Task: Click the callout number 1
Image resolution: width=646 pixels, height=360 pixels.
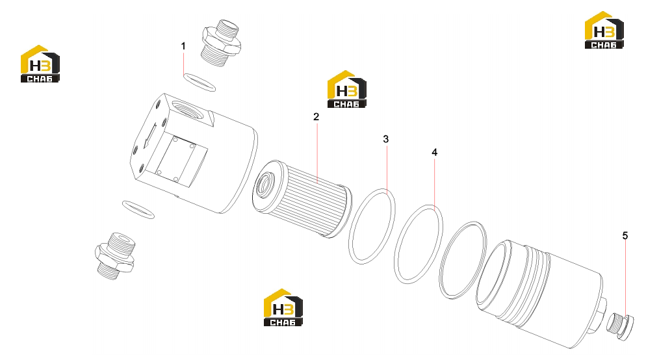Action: coord(183,46)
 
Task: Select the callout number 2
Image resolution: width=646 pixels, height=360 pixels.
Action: coord(316,117)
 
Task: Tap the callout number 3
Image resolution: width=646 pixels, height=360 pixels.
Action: coord(385,139)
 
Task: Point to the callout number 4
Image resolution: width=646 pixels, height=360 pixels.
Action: coord(434,153)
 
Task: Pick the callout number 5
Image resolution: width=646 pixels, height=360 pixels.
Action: coord(625,236)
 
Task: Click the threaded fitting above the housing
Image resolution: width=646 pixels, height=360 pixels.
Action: coord(221,42)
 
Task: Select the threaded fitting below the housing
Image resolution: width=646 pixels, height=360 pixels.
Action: coord(115,256)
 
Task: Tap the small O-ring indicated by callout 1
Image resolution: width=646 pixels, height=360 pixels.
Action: coord(199,83)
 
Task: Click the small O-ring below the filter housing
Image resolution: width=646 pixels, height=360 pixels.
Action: coord(138,209)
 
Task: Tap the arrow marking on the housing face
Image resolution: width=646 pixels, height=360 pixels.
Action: coord(149,136)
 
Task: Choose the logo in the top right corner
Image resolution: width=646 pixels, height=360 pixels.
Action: coord(604,30)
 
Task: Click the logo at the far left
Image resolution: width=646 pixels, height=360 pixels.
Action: coord(40,64)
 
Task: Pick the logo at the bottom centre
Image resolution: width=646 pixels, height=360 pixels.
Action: coord(283,307)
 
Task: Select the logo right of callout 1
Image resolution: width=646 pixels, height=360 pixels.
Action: coord(347,90)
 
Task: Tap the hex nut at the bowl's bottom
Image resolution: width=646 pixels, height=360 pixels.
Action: coord(599,313)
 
